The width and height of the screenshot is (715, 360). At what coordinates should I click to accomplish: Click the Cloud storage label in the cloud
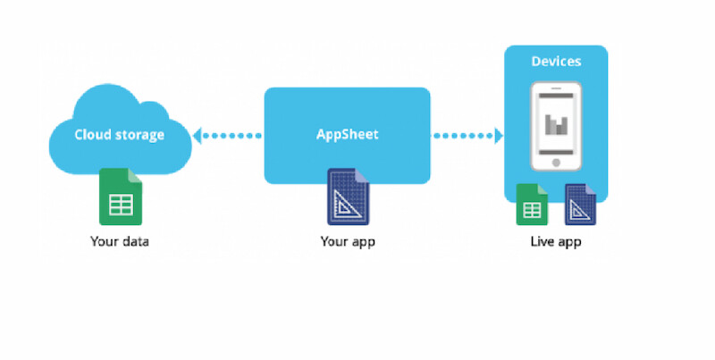(119, 135)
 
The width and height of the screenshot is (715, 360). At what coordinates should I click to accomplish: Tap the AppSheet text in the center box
(347, 135)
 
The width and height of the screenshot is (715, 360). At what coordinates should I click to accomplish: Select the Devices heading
(556, 62)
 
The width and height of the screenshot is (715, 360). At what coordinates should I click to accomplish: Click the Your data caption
(119, 241)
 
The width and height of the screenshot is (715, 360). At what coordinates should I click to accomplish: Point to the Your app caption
(348, 241)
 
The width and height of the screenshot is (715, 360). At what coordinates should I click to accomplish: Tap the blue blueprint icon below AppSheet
(348, 197)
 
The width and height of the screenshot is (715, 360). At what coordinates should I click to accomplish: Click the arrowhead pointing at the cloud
(198, 136)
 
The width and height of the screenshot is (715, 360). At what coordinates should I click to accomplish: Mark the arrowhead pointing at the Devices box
(498, 136)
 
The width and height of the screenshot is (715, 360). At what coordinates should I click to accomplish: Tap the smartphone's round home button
(557, 163)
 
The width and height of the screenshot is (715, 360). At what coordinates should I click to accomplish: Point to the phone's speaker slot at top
(557, 91)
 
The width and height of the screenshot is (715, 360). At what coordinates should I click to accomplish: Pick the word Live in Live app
(542, 241)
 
